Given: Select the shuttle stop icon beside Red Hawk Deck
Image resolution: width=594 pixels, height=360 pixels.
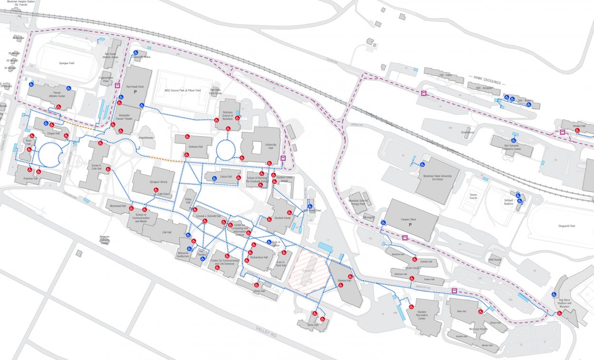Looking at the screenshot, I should (x=118, y=85).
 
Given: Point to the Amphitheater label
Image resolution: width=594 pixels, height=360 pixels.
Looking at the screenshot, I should (x=146, y=137).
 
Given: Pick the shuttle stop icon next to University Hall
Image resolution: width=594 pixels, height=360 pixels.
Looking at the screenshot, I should (x=283, y=159).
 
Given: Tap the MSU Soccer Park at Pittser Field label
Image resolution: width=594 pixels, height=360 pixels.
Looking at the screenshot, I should (x=182, y=90).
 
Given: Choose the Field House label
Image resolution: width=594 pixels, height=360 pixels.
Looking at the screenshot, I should (x=495, y=259).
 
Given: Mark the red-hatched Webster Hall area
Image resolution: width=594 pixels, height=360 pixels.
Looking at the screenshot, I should (x=308, y=271).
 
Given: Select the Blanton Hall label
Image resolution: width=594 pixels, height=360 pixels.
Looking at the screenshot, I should (x=344, y=281).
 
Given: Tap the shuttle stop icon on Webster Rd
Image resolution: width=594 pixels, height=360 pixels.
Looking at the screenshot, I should (x=454, y=291).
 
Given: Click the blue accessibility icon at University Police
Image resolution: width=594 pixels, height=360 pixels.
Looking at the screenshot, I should (x=135, y=53).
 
